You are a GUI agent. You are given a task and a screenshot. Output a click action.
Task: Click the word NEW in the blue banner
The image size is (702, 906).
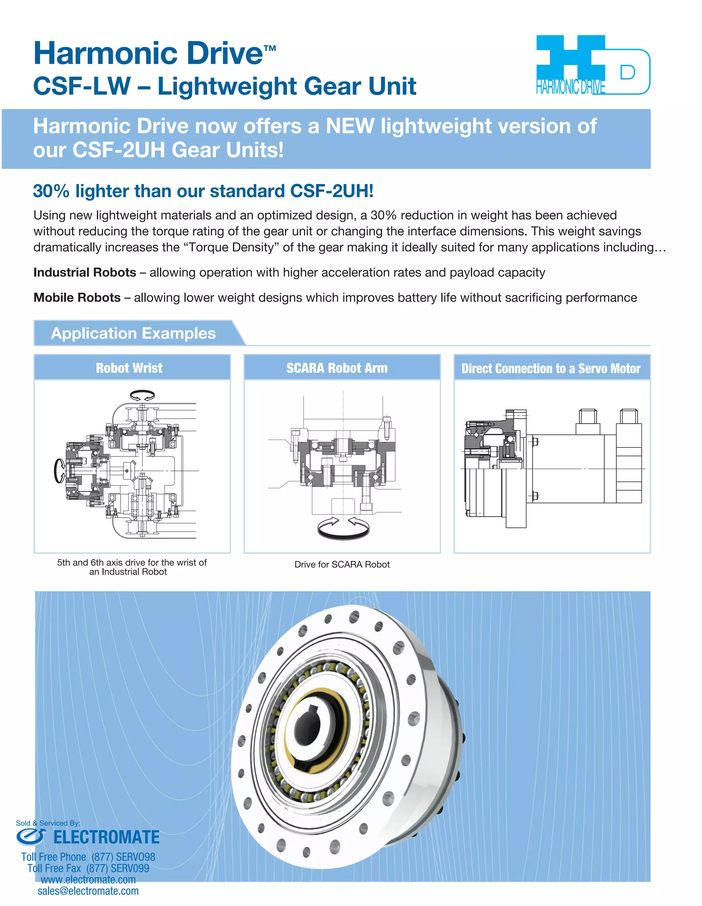[349, 126]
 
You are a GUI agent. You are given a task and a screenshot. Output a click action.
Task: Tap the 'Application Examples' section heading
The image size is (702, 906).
[133, 333]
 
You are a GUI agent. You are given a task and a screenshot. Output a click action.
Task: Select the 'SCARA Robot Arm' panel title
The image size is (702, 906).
[337, 368]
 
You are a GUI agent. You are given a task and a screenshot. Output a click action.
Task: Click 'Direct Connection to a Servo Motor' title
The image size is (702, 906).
[551, 368]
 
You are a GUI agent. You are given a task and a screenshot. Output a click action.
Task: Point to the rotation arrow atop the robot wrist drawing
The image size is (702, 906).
[142, 395]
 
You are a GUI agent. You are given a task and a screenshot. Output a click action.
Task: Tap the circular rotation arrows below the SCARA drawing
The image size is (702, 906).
[343, 528]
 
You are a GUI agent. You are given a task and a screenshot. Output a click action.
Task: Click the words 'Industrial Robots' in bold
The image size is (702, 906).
[85, 272]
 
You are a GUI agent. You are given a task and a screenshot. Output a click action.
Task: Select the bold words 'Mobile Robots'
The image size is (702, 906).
[77, 298]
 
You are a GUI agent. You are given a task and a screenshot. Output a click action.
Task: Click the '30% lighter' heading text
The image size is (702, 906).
[203, 191]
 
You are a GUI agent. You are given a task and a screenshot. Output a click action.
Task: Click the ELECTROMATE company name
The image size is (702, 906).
[106, 837]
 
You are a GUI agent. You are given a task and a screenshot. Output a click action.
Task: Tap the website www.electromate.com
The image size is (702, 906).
[88, 880]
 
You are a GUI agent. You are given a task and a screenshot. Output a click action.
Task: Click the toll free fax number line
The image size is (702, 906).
[88, 868]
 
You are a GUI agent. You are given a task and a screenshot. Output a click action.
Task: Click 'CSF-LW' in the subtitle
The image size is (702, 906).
[82, 86]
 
